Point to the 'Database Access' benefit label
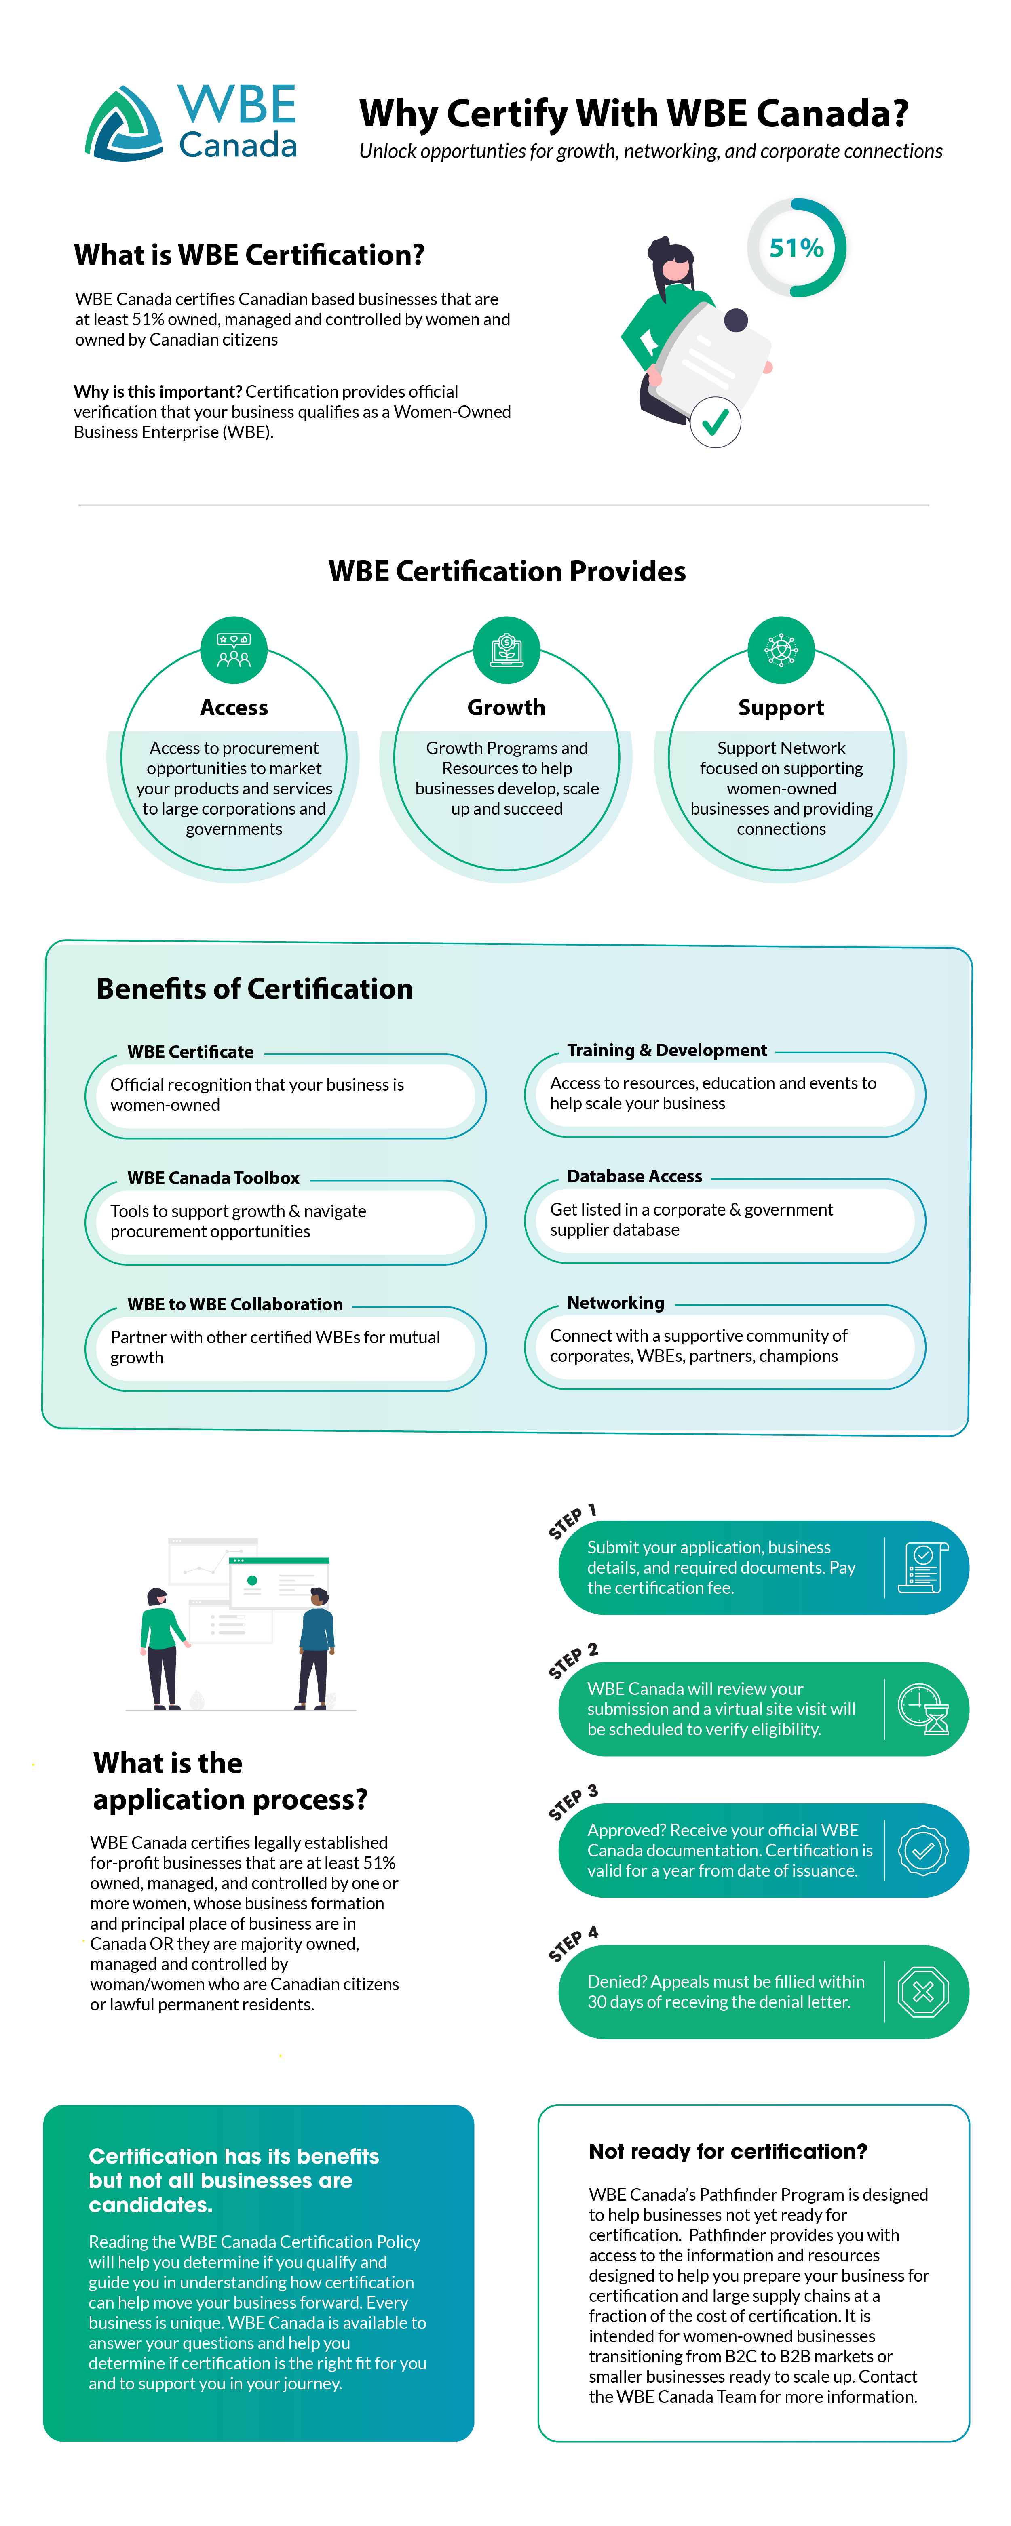[634, 1176]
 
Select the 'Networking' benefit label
[616, 1302]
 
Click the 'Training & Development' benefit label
[667, 1050]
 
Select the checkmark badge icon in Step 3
[923, 1850]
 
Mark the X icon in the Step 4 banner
[923, 1991]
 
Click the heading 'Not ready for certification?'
[728, 2151]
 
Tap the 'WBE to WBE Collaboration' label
[235, 1304]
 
